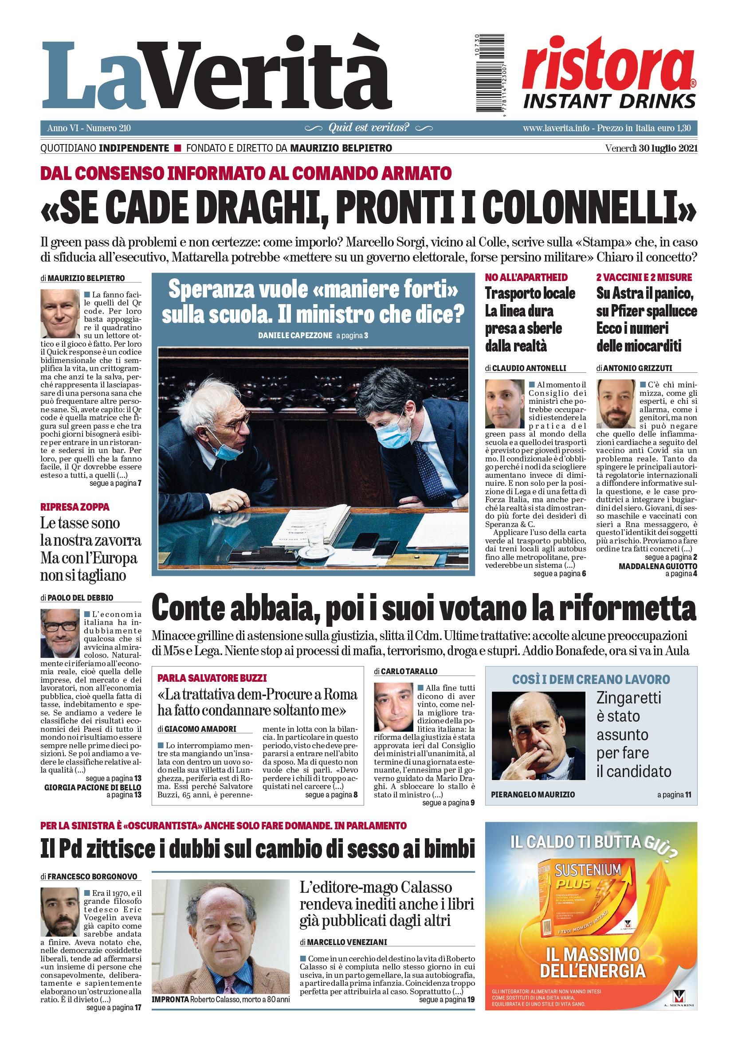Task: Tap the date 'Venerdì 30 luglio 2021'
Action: (x=651, y=148)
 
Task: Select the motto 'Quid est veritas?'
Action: (x=369, y=128)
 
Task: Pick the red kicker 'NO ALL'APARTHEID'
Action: (x=526, y=277)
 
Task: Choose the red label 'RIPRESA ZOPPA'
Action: (x=75, y=507)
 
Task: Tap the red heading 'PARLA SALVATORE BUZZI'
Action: (x=212, y=678)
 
